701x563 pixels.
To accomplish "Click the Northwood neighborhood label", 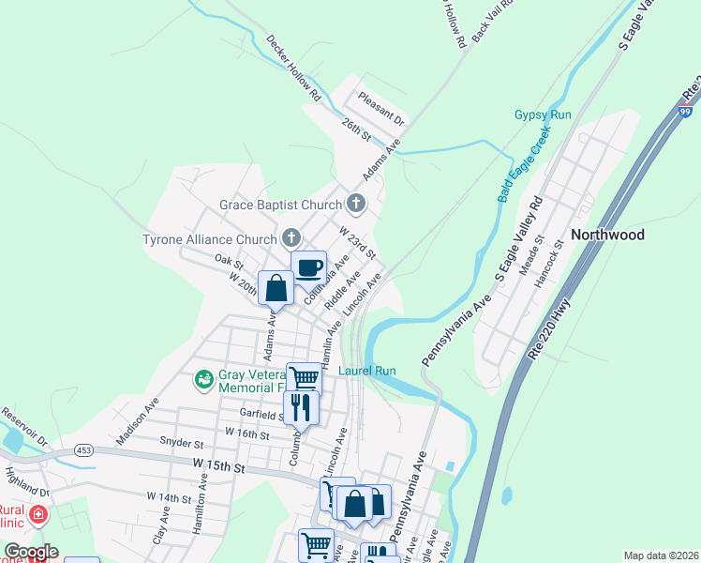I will pyautogui.click(x=607, y=235).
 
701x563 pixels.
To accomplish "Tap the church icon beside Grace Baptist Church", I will pyautogui.click(x=355, y=204).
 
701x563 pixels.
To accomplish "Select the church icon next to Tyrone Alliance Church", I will pyautogui.click(x=291, y=238).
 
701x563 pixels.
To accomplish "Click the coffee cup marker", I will pyautogui.click(x=308, y=267).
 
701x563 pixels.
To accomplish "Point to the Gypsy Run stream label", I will pyautogui.click(x=543, y=115).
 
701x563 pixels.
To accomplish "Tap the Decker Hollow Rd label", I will pyautogui.click(x=293, y=68).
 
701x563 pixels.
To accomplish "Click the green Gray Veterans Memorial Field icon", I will pyautogui.click(x=203, y=379).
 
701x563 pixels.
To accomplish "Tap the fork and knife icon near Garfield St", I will pyautogui.click(x=301, y=407).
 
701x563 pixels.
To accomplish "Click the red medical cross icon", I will pyautogui.click(x=38, y=514).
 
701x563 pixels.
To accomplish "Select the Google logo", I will pyautogui.click(x=31, y=551).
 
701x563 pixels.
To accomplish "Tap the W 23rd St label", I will pyautogui.click(x=357, y=242).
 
